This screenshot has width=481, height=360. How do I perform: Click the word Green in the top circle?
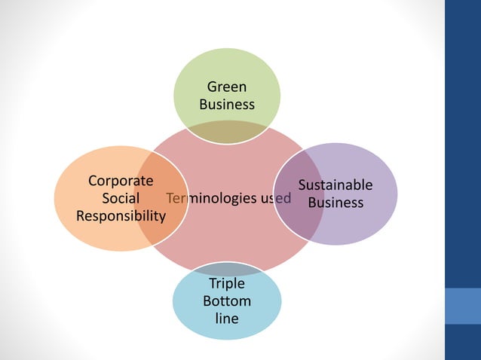(x=227, y=87)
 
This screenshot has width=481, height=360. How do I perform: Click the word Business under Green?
(x=227, y=104)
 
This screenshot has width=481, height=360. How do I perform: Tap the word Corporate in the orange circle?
(x=121, y=181)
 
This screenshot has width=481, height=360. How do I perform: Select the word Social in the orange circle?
(x=121, y=198)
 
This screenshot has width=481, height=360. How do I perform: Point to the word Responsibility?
(x=121, y=215)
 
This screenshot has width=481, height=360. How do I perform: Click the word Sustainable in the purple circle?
(x=335, y=185)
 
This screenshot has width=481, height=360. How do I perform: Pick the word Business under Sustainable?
(x=335, y=203)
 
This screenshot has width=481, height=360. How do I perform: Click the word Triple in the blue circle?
(x=227, y=284)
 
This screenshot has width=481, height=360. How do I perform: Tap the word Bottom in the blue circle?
(x=227, y=301)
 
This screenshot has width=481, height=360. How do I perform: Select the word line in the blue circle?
(x=227, y=319)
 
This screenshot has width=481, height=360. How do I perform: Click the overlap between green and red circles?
(x=227, y=133)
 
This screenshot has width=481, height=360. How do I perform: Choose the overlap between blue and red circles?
(x=227, y=269)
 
